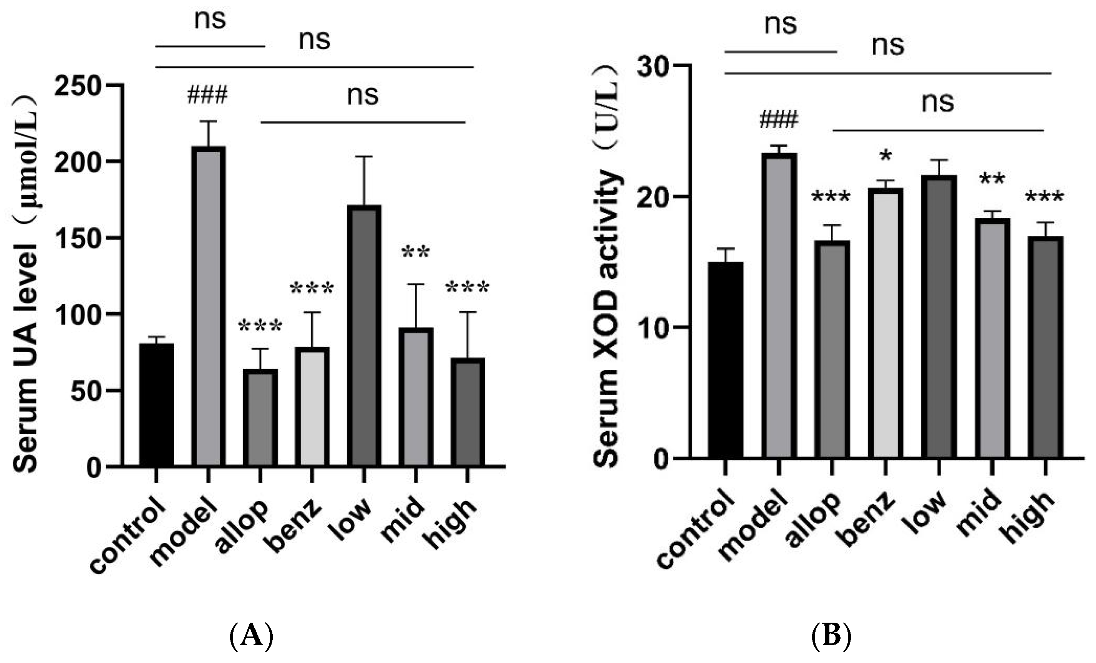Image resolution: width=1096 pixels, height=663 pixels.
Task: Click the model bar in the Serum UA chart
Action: coord(208,307)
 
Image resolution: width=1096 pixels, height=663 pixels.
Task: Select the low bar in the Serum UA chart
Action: coord(364,336)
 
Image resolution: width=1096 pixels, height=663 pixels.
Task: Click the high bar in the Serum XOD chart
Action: coord(1045,347)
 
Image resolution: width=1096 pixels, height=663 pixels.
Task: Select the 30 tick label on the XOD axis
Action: coord(654,67)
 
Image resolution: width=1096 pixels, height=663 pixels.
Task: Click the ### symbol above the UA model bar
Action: coord(207,95)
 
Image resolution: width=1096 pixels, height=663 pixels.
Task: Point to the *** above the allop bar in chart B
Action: coord(831,197)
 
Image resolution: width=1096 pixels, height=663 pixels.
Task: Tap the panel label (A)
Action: coord(251,636)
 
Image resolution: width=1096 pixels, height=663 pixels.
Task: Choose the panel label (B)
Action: coord(831,636)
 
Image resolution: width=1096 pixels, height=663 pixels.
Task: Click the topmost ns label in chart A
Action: coord(210,20)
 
